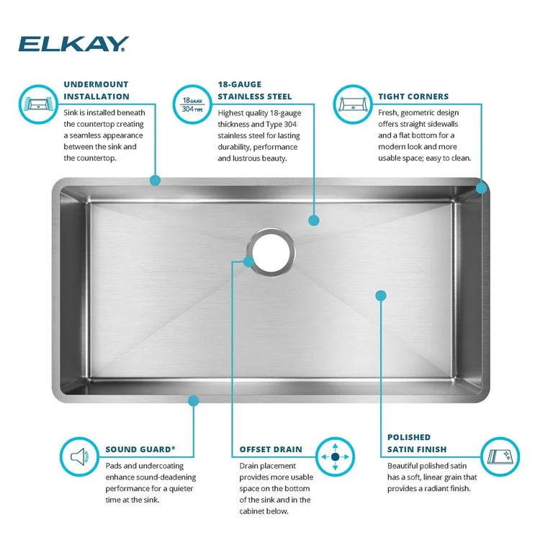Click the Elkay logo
73,45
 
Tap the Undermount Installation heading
96,90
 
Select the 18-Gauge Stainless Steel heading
255,90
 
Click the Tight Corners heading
413,96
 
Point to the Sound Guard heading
140,449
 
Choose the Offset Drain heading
271,449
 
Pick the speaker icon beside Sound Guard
79,456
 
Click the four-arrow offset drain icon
336,456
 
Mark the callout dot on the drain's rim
249,261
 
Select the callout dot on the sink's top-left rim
154,180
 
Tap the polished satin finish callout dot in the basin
381,294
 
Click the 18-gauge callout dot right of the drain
313,220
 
